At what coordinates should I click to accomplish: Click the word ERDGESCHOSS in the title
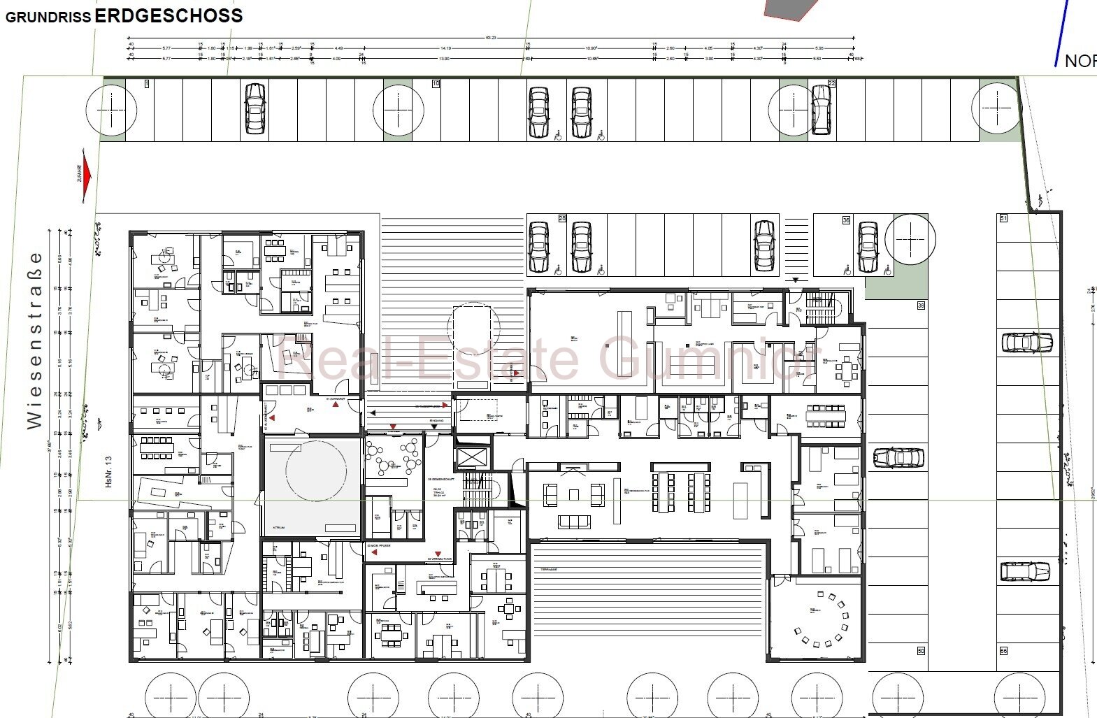(x=168, y=15)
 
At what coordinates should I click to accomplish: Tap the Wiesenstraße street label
(x=34, y=340)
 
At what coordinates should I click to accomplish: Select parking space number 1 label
(x=147, y=84)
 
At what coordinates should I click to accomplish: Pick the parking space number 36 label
(x=846, y=220)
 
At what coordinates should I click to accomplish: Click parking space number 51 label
(x=1003, y=218)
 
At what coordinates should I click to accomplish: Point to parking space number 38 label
(x=921, y=306)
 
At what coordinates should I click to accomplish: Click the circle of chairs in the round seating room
(x=821, y=618)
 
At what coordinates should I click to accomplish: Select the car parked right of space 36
(x=868, y=247)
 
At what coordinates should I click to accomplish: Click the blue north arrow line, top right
(x=1064, y=31)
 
